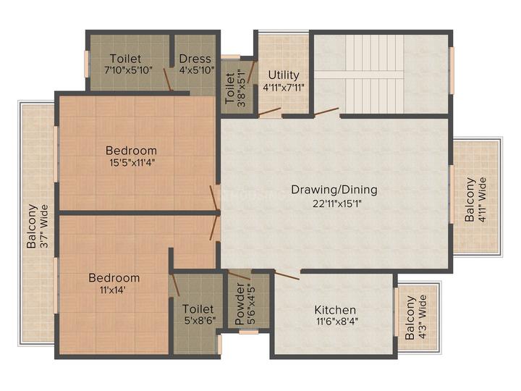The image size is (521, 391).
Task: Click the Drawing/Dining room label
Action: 334,190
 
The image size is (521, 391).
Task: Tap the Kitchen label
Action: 335,309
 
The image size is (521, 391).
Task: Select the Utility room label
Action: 283,75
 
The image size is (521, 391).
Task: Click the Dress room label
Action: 195,59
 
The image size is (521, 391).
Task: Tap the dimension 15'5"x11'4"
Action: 131,163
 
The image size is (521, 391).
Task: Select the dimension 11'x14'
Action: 114,291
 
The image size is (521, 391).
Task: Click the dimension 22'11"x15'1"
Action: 334,203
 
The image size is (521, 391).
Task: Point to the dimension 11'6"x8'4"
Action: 335,321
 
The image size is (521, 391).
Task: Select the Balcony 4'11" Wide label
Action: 475,199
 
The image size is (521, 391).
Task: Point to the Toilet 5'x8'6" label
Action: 198,315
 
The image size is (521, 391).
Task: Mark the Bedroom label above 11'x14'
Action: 114,278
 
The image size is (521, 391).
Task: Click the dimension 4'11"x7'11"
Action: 283,88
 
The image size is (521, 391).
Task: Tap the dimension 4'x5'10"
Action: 195,71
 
